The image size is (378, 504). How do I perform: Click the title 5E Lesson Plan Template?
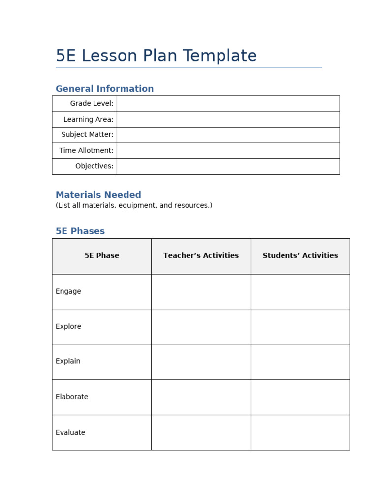click(156, 56)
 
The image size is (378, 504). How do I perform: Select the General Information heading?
click(104, 89)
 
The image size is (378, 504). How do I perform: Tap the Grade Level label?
click(92, 104)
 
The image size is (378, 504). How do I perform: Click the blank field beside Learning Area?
click(228, 120)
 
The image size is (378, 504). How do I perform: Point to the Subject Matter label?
click(87, 135)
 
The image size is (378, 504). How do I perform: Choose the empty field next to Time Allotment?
click(228, 151)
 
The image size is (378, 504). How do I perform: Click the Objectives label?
click(94, 166)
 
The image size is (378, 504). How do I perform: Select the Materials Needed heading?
click(98, 195)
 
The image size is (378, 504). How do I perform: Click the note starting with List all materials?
click(134, 205)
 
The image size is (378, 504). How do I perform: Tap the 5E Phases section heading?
click(80, 231)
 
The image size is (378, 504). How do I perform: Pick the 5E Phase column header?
click(102, 256)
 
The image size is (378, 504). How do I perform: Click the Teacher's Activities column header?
click(201, 256)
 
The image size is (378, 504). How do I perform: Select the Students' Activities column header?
click(300, 256)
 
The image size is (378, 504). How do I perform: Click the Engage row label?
click(68, 291)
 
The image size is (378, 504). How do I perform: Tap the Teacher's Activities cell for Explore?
click(201, 327)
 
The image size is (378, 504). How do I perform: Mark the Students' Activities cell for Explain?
click(300, 361)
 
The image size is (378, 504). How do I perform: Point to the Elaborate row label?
click(72, 397)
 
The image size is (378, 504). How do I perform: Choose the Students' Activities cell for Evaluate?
click(300, 433)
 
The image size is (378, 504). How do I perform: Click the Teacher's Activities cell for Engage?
click(201, 291)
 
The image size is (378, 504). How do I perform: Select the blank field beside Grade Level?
click(228, 104)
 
